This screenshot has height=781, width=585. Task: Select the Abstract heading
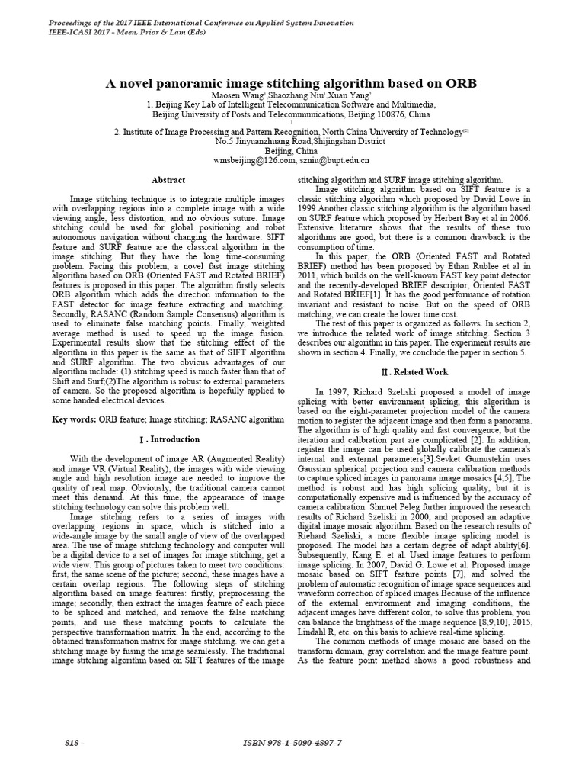click(x=168, y=180)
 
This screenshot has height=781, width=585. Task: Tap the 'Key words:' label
click(x=74, y=419)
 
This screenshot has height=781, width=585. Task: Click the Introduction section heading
click(x=169, y=440)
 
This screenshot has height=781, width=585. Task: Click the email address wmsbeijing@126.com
click(x=254, y=161)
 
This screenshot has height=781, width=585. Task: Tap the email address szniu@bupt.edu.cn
click(x=333, y=161)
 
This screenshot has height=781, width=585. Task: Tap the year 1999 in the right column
click(x=308, y=208)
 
